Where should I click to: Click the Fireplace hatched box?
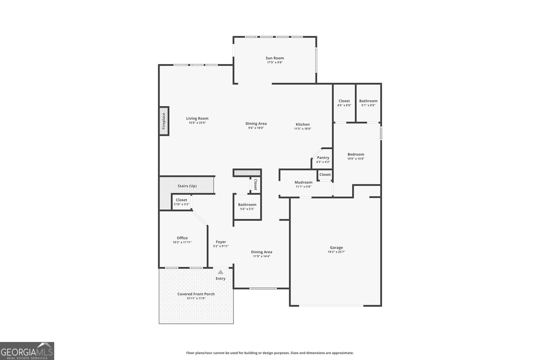click(164, 121)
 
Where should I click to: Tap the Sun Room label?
click(275, 58)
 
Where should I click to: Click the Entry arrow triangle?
click(220, 272)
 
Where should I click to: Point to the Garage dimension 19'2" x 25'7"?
click(336, 252)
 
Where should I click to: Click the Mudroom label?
click(303, 182)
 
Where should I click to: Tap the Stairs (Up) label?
click(187, 186)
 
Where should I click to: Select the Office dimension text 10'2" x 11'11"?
click(182, 242)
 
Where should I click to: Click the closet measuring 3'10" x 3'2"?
click(182, 202)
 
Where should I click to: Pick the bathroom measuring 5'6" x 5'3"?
click(247, 207)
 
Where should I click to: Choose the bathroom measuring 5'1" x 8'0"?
click(368, 103)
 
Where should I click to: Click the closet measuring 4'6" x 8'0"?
click(344, 103)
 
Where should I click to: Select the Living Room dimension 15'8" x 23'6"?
click(197, 123)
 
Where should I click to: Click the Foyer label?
click(221, 242)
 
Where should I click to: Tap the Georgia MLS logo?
click(27, 351)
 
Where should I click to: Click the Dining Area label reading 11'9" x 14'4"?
click(262, 254)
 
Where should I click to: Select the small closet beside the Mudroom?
click(325, 175)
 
